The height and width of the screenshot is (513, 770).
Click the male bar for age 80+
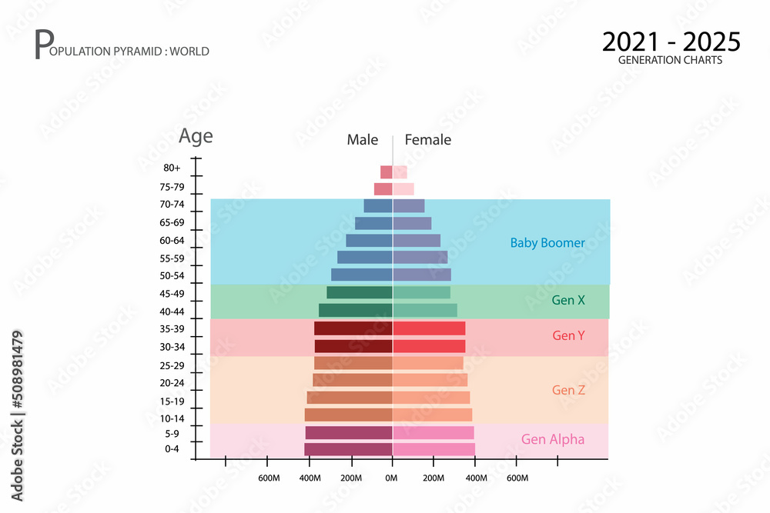pos(387,172)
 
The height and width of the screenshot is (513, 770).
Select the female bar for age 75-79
pos(403,189)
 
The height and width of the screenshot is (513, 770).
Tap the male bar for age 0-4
pos(348,449)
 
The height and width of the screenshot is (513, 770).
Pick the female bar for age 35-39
pos(429,328)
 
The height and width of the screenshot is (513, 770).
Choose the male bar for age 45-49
pos(360,293)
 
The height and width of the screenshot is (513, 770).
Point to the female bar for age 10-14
pos(433,415)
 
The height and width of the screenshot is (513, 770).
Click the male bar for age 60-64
pos(370,241)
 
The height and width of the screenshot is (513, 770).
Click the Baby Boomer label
pos(547,243)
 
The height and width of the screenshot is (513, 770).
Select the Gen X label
pos(568,300)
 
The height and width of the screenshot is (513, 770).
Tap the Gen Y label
pos(569,335)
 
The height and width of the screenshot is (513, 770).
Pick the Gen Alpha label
pos(553,439)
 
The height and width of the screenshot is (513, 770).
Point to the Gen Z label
pos(569,390)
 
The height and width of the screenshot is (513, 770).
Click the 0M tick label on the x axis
pos(391,478)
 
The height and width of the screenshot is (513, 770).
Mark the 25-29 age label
pos(172,366)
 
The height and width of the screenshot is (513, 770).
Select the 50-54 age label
pos(172,276)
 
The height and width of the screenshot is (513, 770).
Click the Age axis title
pos(196,136)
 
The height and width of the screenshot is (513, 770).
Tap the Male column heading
pos(363,140)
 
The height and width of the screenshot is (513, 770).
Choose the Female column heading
pos(427,140)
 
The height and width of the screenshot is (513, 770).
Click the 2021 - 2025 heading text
pos(671,42)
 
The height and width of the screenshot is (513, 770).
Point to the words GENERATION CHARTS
pos(671,60)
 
